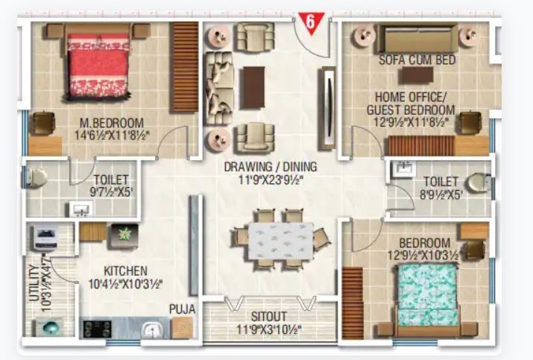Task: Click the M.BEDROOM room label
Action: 112,123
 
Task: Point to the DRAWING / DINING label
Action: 271,167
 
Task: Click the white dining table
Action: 281,241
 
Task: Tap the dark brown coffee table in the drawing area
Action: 253,88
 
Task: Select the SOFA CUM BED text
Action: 417,60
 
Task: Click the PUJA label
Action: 183,309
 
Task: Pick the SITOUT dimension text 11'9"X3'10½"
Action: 269,329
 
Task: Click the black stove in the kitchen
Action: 98,329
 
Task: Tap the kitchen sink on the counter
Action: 153,329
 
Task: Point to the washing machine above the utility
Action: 46,238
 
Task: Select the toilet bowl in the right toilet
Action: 479,183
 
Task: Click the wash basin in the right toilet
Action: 403,169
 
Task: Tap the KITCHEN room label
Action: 126,271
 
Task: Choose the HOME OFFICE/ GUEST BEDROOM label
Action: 411,104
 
